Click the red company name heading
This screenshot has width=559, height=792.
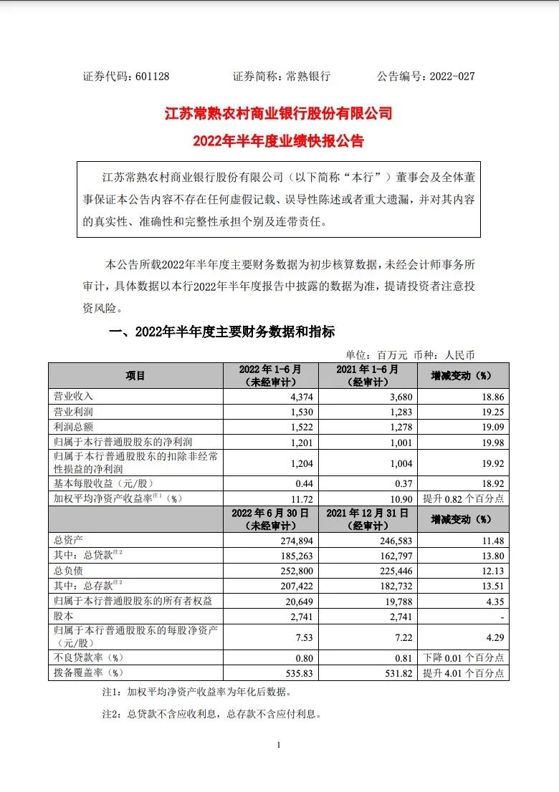279,113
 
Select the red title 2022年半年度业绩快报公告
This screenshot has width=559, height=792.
279,141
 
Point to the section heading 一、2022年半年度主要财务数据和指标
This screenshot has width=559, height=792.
221,332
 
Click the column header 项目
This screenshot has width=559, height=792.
135,376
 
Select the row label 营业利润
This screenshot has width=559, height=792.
75,412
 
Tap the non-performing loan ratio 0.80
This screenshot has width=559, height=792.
305,657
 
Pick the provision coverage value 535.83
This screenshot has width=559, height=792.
300,672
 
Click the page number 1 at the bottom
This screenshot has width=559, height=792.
278,745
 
